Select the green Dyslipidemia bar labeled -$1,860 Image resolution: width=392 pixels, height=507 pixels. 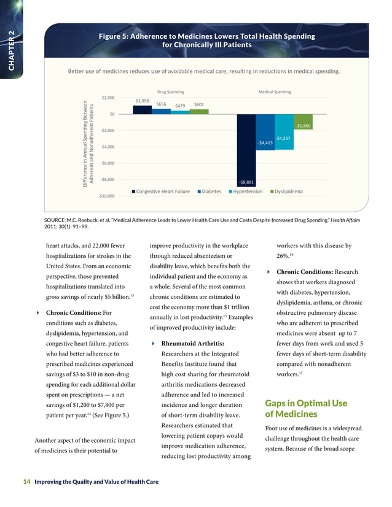tap(302, 121)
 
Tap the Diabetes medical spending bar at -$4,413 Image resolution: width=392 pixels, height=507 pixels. tap(265, 131)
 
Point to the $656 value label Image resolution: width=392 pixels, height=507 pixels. tap(162, 104)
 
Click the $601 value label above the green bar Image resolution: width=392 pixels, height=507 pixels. tap(199, 104)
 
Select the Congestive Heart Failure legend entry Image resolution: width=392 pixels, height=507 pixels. tap(163, 192)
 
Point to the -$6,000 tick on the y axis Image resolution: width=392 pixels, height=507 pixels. tap(107, 163)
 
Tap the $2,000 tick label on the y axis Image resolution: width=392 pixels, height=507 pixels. tap(108, 98)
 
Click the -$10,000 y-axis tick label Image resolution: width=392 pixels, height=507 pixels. tap(106, 196)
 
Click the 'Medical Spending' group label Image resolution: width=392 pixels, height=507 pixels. tap(275, 91)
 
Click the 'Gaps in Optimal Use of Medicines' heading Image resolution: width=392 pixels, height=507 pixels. tap(306, 409)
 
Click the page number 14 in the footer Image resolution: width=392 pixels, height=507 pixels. tap(26, 482)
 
